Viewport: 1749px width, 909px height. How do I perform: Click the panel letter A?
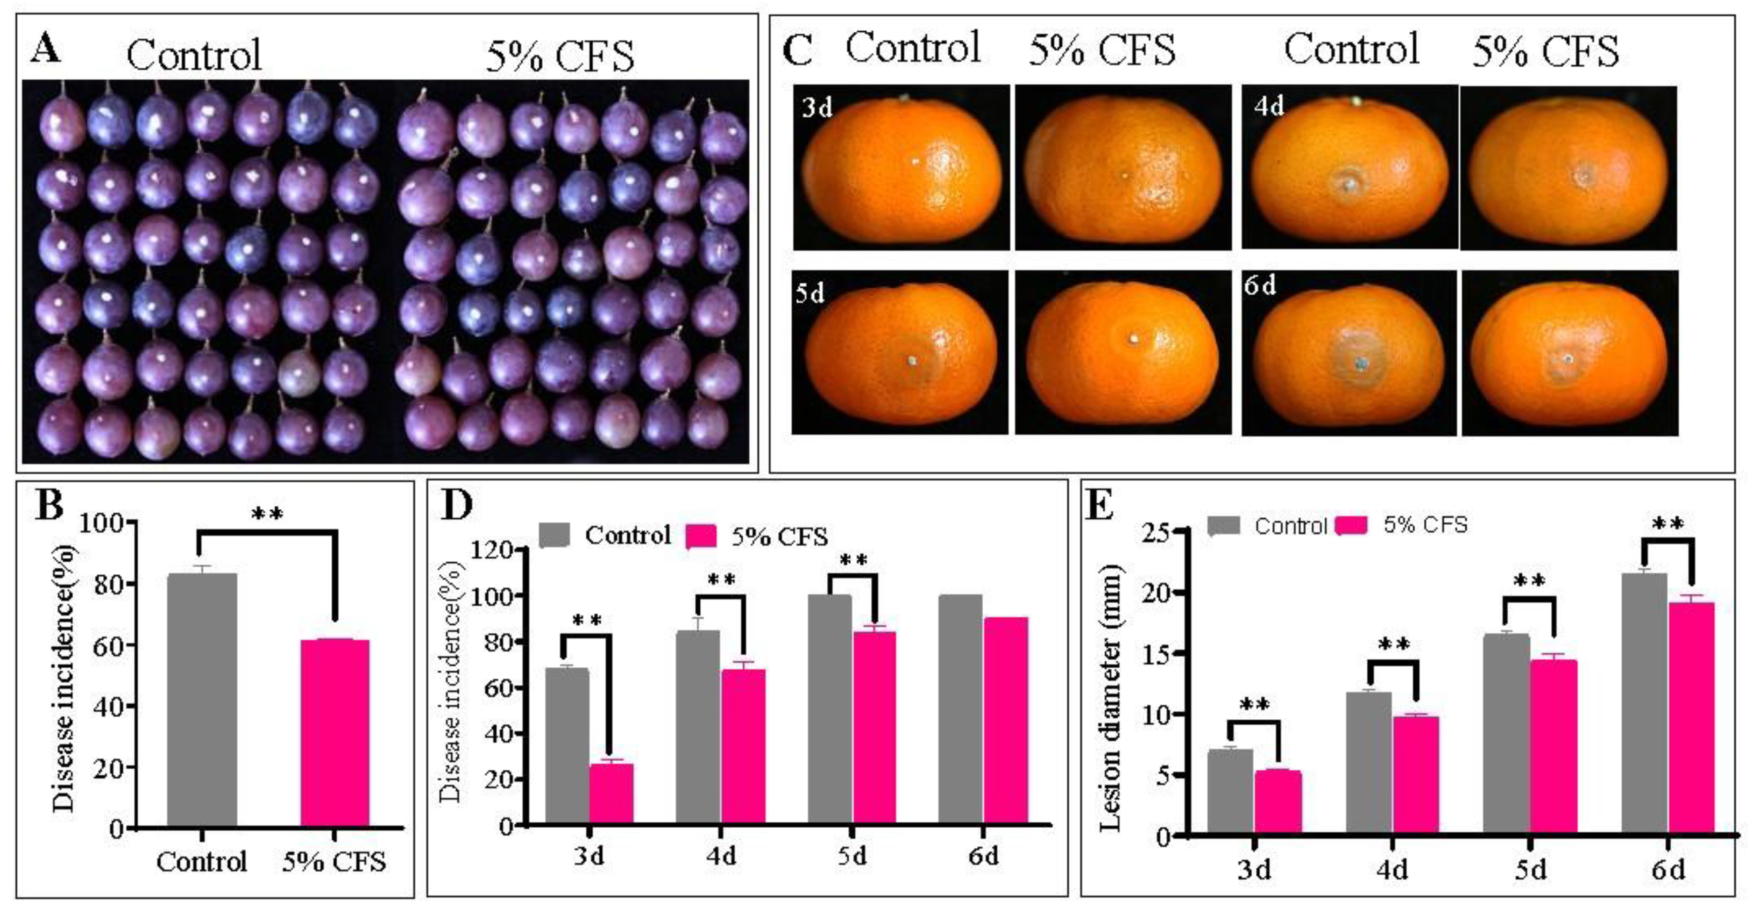[45, 49]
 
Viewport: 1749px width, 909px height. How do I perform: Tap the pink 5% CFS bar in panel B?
[335, 733]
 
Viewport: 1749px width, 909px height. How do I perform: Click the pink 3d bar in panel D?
[611, 794]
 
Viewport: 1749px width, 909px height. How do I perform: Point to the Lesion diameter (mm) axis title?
[1111, 699]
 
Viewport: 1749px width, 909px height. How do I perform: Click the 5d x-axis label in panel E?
[1530, 870]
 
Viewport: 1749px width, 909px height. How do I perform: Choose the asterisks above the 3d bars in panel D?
[587, 620]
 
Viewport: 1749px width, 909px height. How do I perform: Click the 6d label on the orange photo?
[1260, 286]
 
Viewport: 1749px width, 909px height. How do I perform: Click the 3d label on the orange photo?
[817, 108]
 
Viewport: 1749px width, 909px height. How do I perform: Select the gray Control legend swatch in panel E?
[1223, 525]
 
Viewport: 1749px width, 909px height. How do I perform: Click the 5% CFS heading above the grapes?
[559, 56]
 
